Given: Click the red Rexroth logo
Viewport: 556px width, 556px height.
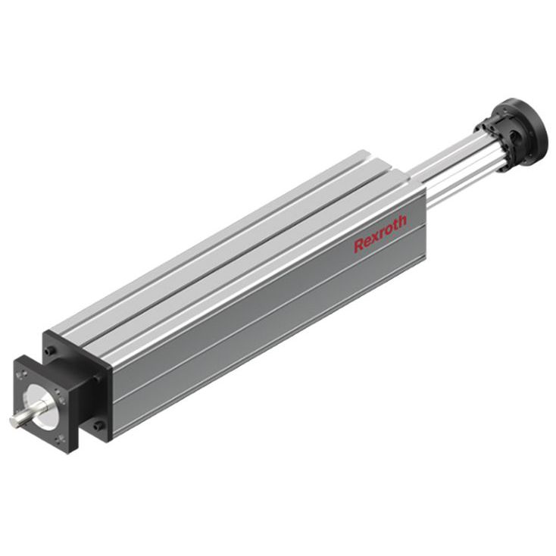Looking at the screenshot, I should (x=380, y=233).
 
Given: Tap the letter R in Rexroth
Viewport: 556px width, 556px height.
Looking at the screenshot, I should (x=358, y=245).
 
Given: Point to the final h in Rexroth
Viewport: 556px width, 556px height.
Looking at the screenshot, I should (x=401, y=220).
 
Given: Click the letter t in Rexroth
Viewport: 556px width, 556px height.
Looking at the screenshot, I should (x=395, y=223).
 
